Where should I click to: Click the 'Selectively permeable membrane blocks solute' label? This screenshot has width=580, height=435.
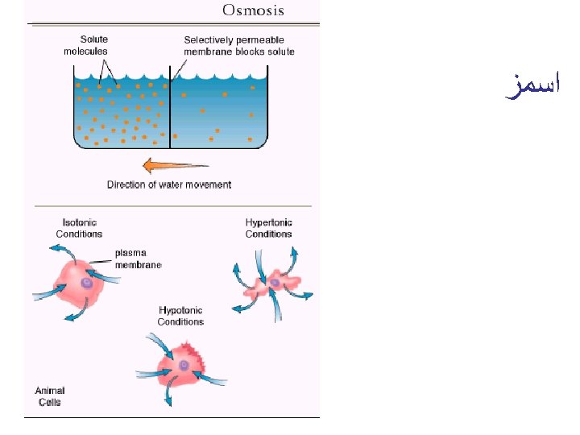coord(239,45)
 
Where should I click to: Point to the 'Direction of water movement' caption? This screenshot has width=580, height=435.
coord(169,184)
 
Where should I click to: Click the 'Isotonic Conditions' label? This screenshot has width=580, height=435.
coord(79,228)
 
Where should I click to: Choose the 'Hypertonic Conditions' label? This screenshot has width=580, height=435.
coord(269,228)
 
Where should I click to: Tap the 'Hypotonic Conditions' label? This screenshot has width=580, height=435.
coord(181,316)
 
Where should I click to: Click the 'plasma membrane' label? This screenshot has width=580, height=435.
coord(137,259)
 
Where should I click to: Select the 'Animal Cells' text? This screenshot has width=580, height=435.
coord(50,396)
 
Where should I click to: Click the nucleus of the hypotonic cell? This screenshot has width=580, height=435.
coord(184,365)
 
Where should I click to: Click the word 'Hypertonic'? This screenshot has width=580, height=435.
coord(269,222)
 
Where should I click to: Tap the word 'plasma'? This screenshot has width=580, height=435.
coord(129,253)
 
